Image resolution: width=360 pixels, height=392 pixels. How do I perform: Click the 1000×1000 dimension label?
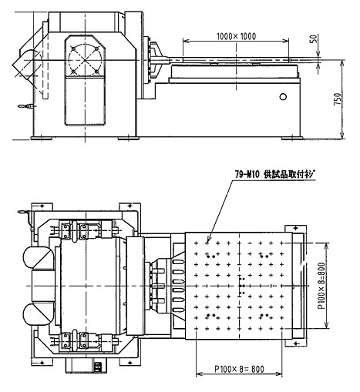click(x=237, y=36)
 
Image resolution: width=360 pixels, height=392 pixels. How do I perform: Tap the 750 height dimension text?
click(x=338, y=99)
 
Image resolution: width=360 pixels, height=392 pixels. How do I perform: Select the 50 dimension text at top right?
click(x=314, y=39)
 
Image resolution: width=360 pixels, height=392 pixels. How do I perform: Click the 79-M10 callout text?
click(x=247, y=175)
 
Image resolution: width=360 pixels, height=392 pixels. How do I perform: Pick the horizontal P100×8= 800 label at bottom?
click(x=239, y=369)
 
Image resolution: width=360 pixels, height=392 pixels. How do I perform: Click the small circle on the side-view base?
click(x=283, y=97)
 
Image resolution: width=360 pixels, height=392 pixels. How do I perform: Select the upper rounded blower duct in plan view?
click(x=39, y=258)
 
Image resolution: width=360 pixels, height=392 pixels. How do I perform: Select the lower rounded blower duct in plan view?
click(x=39, y=313)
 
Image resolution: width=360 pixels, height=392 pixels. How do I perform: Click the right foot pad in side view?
click(x=292, y=139)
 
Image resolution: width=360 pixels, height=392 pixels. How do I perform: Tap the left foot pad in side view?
click(x=42, y=139)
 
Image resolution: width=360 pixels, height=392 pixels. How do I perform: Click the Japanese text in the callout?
click(x=289, y=175)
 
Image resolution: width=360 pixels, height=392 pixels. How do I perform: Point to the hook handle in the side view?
click(x=25, y=106)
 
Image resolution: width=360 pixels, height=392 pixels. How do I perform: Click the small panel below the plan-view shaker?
click(x=97, y=367)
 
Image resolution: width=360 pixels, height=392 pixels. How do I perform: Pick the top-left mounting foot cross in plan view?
click(x=42, y=206)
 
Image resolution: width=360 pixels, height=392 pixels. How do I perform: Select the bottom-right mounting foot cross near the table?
click(x=295, y=343)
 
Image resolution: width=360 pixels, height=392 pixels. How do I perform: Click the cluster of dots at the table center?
click(x=241, y=286)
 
